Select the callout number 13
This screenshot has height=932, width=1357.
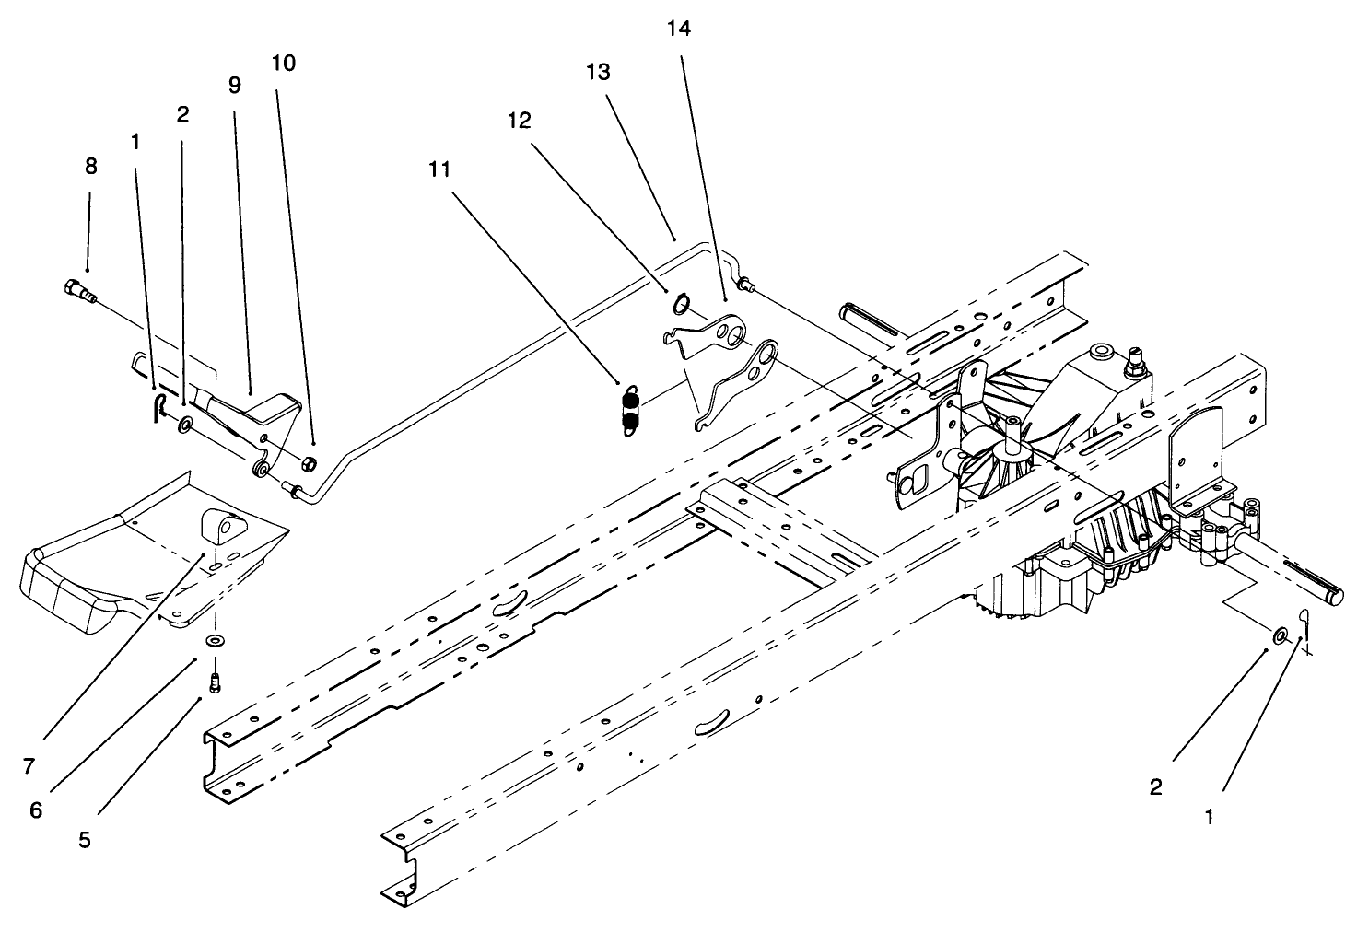pos(598,73)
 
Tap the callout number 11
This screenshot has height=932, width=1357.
pos(440,169)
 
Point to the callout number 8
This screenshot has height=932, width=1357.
pos(90,167)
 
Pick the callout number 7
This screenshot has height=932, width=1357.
pos(29,766)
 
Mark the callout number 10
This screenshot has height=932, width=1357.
pos(284,64)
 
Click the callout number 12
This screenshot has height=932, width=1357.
pos(520,121)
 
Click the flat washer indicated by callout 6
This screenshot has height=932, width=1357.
pos(215,640)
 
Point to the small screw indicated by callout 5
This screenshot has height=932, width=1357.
pos(216,682)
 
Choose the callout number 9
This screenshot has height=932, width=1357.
pos(234,86)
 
